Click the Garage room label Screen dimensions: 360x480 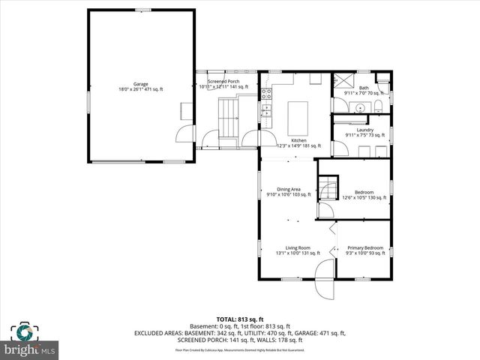click(x=141, y=84)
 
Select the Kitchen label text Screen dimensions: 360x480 click(x=298, y=141)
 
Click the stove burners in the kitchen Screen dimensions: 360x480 click(x=265, y=111)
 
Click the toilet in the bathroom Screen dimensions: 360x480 click(x=380, y=105)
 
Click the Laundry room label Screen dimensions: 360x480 click(x=365, y=130)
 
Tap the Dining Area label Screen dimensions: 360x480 click(x=289, y=189)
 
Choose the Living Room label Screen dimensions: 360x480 click(x=298, y=247)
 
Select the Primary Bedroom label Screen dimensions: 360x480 click(x=365, y=247)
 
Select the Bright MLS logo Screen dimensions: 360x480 click(x=30, y=341)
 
